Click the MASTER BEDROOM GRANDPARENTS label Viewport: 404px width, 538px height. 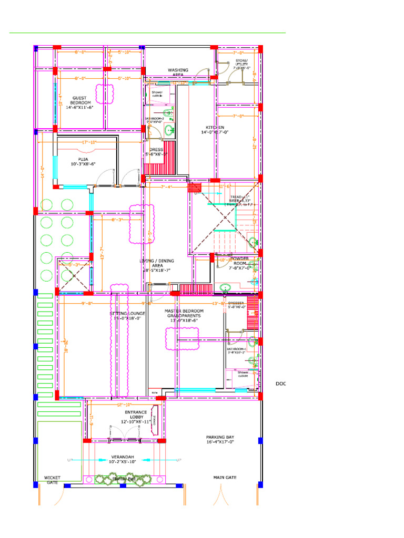(x=184, y=314)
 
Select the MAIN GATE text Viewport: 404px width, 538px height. (x=225, y=478)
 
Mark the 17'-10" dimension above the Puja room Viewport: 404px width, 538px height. (x=88, y=142)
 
